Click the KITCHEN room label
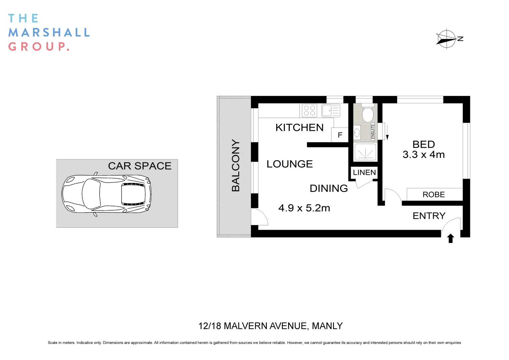(299, 128)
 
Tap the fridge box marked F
(340, 135)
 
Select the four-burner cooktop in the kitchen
(309, 111)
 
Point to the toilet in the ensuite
(367, 114)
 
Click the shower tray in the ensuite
(365, 152)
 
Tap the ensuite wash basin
(357, 133)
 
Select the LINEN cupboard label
(364, 172)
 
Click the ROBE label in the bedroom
(433, 195)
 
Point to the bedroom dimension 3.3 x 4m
(423, 155)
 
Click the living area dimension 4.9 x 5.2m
(304, 208)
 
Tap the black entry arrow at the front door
(450, 238)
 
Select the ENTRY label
(429, 216)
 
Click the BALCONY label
(236, 165)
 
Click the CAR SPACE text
(140, 166)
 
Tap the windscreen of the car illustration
(89, 194)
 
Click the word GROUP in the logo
(38, 47)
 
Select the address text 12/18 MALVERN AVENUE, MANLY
(270, 326)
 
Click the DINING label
(328, 188)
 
